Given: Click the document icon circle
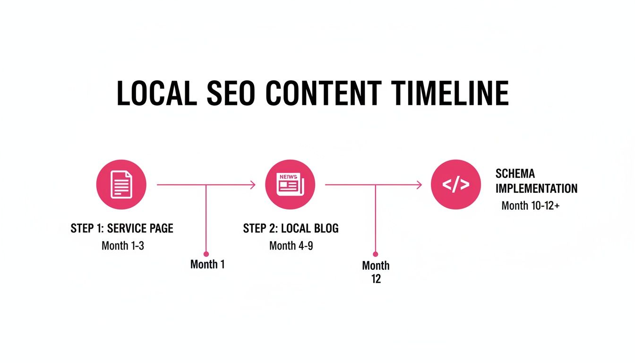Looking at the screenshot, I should (121, 184).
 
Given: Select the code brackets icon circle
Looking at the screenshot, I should (456, 184).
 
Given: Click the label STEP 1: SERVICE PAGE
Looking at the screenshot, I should (122, 229).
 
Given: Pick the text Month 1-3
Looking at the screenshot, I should (122, 246).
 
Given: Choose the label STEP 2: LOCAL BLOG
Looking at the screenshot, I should (291, 229).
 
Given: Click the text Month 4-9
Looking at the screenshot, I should (291, 246).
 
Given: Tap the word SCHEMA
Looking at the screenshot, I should (515, 173).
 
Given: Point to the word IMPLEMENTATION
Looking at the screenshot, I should (536, 189).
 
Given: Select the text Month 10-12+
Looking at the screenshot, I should (530, 206).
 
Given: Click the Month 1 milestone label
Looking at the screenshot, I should (207, 264).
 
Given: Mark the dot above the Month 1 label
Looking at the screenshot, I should (206, 254).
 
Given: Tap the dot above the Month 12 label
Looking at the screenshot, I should (376, 254).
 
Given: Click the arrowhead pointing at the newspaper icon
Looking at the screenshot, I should (253, 185).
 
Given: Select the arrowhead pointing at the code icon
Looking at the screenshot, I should (419, 185).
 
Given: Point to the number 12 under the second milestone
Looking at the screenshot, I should (376, 279).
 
